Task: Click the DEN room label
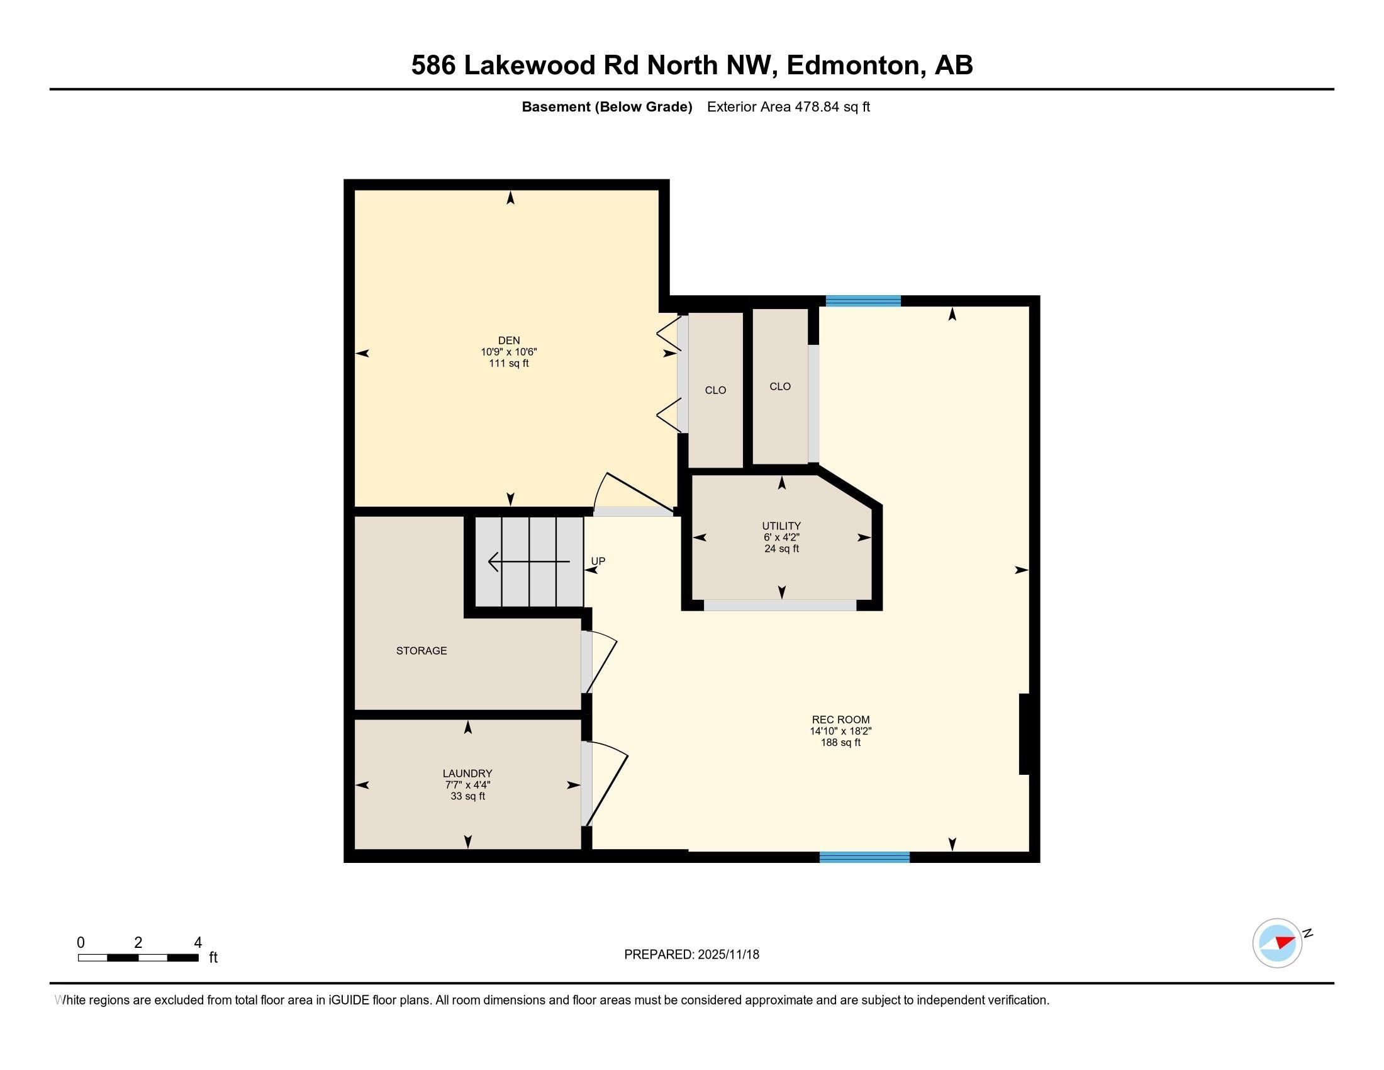coord(509,341)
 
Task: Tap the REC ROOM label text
coord(841,719)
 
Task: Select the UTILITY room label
coord(781,526)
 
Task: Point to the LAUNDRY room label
coord(467,774)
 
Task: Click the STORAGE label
coord(421,650)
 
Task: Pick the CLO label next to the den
coord(715,390)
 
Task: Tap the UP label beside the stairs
coord(598,561)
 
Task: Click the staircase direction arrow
coord(528,561)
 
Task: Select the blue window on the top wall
coord(863,301)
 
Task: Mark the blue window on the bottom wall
coord(864,857)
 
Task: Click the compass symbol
coord(1278,943)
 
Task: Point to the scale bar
coord(138,958)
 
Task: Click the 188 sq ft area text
coord(841,742)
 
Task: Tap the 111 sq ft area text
coord(509,363)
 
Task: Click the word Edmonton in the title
coord(853,65)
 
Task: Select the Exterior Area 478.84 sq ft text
coord(788,106)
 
